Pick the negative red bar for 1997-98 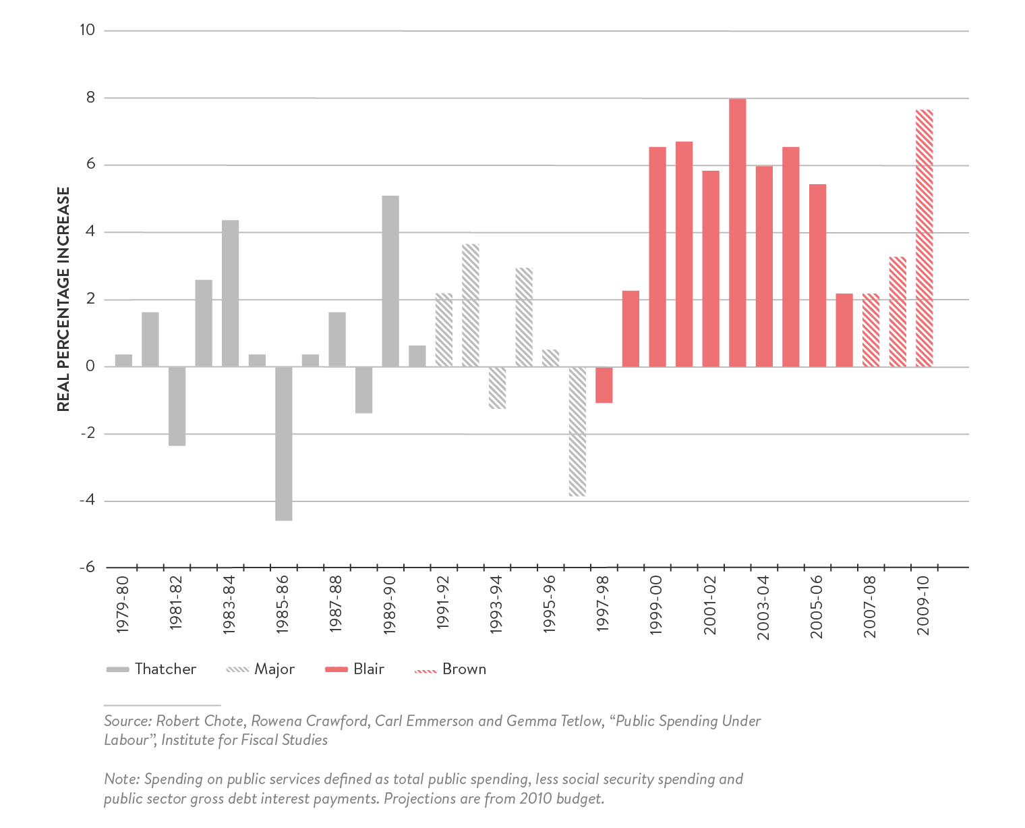click(x=604, y=385)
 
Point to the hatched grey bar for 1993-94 click(x=497, y=388)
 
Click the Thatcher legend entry click(x=152, y=669)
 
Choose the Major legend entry click(x=261, y=669)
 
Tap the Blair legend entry click(x=355, y=669)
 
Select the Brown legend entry click(x=450, y=669)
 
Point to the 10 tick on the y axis click(x=88, y=30)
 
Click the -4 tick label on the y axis click(x=86, y=501)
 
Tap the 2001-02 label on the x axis click(x=710, y=605)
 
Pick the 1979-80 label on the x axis click(x=123, y=605)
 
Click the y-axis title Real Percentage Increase click(x=63, y=299)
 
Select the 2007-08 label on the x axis click(x=870, y=606)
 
